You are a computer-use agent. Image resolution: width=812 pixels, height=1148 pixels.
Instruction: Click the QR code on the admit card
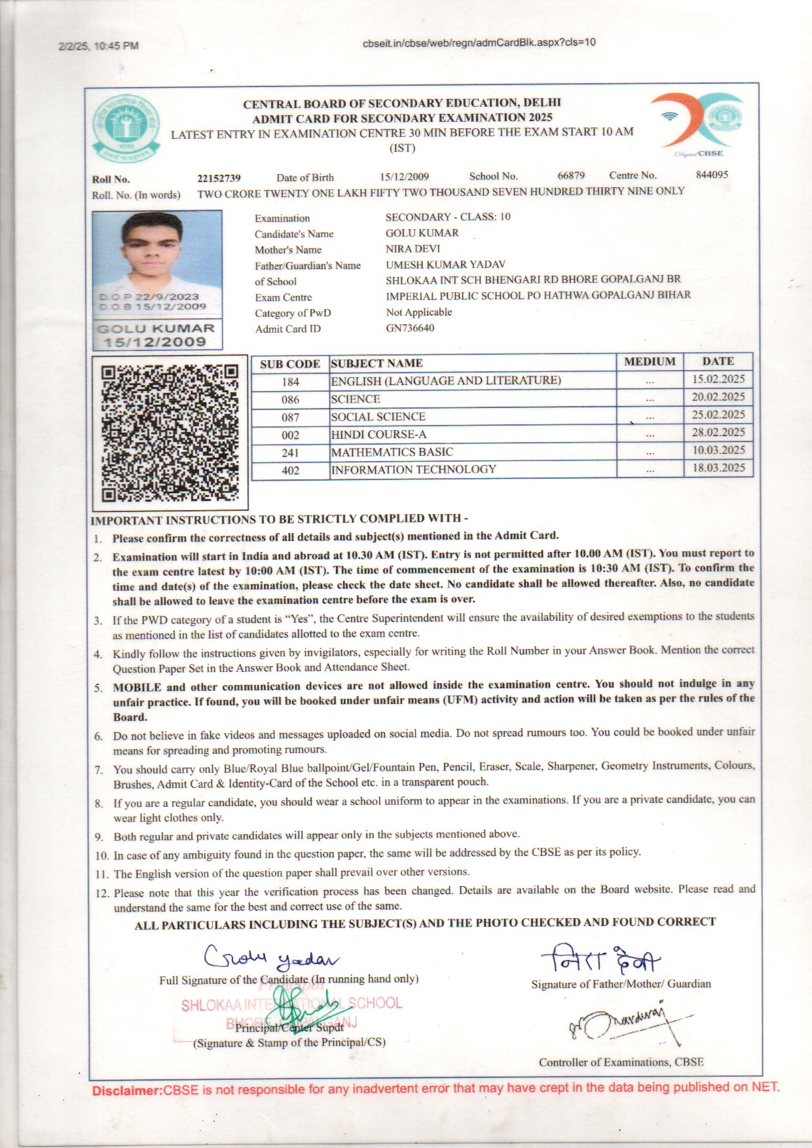coord(170,433)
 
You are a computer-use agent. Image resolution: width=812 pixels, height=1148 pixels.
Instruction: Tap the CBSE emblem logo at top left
coord(126,130)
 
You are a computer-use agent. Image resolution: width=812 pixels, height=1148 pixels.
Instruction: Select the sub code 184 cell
coord(290,382)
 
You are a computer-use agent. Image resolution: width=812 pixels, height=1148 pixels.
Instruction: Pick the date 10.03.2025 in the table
coord(718,451)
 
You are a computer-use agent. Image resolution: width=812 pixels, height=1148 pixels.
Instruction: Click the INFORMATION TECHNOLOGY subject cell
coord(414,470)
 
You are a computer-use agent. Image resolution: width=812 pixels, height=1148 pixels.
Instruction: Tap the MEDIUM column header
coord(650,361)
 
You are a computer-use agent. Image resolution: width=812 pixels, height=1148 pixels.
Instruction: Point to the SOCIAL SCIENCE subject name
coord(378,417)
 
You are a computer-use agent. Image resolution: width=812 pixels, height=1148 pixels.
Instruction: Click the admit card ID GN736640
coord(410,328)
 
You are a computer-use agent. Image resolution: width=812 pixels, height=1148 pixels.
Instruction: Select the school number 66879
coord(571,176)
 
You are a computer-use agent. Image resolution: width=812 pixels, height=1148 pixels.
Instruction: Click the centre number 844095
coord(712,175)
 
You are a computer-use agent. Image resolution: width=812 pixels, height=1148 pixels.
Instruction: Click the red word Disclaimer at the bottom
coord(126,1091)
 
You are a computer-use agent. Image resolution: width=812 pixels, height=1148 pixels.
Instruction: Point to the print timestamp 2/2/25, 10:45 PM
coord(98,46)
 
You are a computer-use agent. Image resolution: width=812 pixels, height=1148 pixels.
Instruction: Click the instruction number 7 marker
coord(99,770)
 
